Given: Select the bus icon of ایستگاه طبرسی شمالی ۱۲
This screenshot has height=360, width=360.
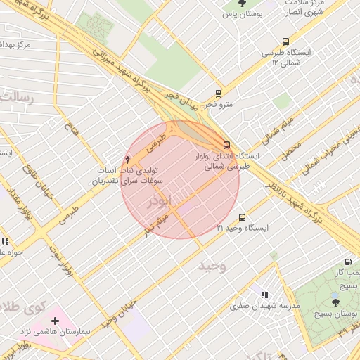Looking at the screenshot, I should click(x=285, y=41).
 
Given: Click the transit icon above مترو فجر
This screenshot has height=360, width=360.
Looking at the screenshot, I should click(x=218, y=93).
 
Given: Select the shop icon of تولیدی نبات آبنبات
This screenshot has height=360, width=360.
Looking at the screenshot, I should click(x=127, y=159).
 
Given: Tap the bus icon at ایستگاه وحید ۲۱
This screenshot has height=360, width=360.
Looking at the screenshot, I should click(x=243, y=217).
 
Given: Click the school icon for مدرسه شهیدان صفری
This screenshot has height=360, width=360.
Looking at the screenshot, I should click(x=264, y=295).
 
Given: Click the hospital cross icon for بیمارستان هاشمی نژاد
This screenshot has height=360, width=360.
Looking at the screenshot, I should click(x=55, y=321).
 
